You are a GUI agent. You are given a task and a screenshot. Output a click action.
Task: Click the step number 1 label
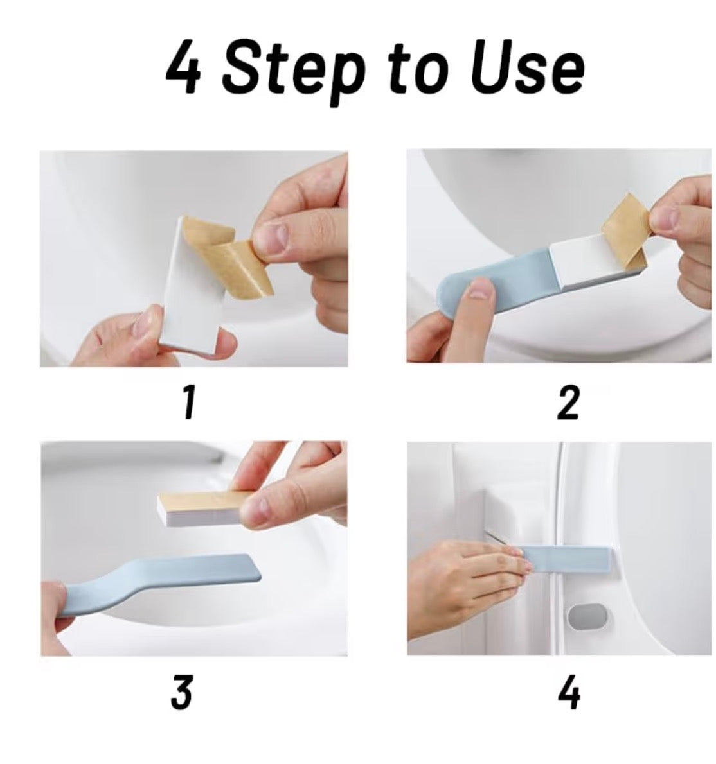(x=188, y=403)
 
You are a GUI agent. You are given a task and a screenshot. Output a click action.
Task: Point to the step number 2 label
(x=568, y=403)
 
